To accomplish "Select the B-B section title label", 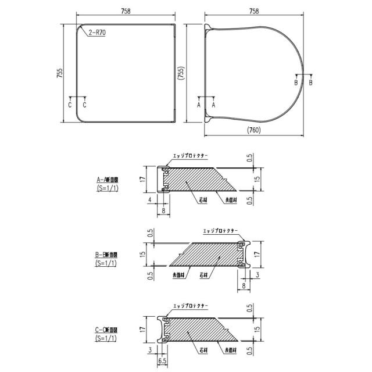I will point(108,255).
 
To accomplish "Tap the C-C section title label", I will point(108,330).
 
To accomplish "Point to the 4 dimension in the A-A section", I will point(149,200).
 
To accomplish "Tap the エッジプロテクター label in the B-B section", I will point(221,231).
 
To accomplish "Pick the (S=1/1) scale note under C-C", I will point(108,338).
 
